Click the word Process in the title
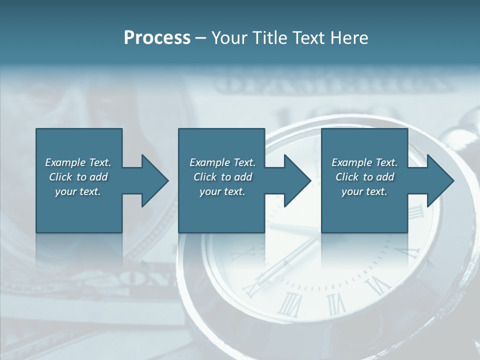[157, 38]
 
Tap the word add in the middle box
[243, 177]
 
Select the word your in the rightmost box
[352, 191]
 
